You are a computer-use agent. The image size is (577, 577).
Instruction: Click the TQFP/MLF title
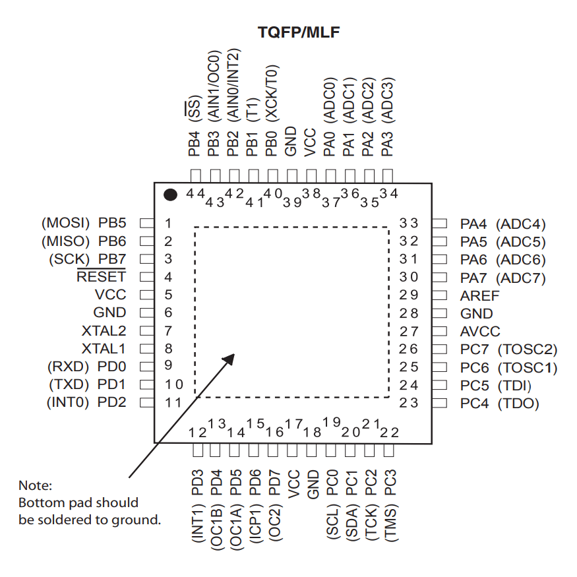click(298, 31)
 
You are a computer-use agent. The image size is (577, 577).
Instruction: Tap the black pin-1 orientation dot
click(171, 195)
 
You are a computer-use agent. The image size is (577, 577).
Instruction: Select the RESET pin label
click(101, 277)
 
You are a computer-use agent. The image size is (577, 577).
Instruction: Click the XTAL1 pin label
click(104, 348)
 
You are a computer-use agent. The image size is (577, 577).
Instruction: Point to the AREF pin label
click(480, 296)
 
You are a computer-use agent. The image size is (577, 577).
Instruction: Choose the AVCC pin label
click(480, 332)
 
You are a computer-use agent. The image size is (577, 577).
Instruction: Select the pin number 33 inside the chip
click(409, 224)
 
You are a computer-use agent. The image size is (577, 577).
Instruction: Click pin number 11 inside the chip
click(173, 402)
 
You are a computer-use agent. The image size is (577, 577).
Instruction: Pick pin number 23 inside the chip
click(409, 403)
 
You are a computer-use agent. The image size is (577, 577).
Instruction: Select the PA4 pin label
click(474, 224)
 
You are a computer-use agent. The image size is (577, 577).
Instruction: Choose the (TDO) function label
click(518, 404)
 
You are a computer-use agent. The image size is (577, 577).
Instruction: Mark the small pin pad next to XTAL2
click(146, 330)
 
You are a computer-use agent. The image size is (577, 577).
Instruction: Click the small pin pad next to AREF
click(440, 295)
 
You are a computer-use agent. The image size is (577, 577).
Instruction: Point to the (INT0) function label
click(67, 402)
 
